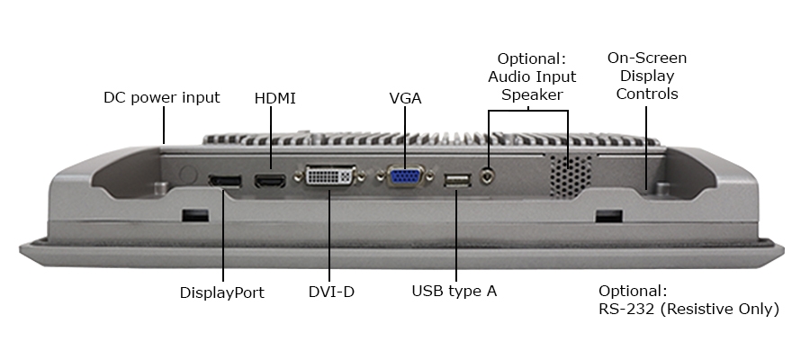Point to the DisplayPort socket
click(224, 182)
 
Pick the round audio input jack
click(490, 176)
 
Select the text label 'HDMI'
click(274, 97)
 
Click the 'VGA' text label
click(405, 97)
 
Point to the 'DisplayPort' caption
click(221, 292)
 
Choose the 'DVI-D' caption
click(331, 292)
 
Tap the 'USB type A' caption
click(454, 291)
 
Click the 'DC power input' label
click(161, 97)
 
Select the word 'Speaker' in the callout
click(532, 94)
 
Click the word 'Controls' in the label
click(646, 94)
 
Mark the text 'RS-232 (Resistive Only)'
click(688, 309)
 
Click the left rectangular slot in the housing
click(194, 217)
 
